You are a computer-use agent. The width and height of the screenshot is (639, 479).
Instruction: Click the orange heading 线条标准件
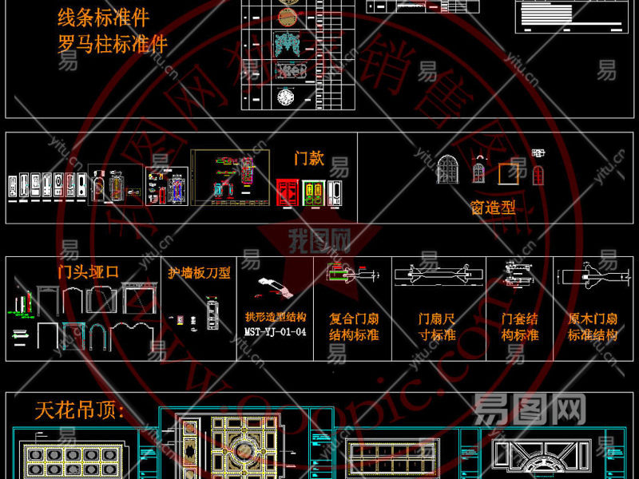(x=104, y=17)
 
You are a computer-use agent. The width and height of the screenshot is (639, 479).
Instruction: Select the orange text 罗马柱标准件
(x=113, y=42)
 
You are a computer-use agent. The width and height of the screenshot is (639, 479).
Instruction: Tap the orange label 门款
(x=309, y=158)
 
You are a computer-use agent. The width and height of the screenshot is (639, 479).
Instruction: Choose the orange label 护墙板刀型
(x=199, y=273)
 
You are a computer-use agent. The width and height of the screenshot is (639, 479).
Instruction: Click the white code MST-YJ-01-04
(x=275, y=332)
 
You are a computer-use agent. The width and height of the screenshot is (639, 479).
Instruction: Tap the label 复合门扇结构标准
(x=354, y=327)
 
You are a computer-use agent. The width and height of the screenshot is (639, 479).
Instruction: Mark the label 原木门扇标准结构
(x=593, y=327)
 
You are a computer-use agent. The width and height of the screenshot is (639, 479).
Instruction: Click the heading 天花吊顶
(x=80, y=411)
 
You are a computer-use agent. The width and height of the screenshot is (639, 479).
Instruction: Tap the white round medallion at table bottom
(x=286, y=98)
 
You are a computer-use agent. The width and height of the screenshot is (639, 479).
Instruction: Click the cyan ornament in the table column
(x=287, y=43)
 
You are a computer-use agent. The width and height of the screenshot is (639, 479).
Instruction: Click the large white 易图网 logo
(x=530, y=410)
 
